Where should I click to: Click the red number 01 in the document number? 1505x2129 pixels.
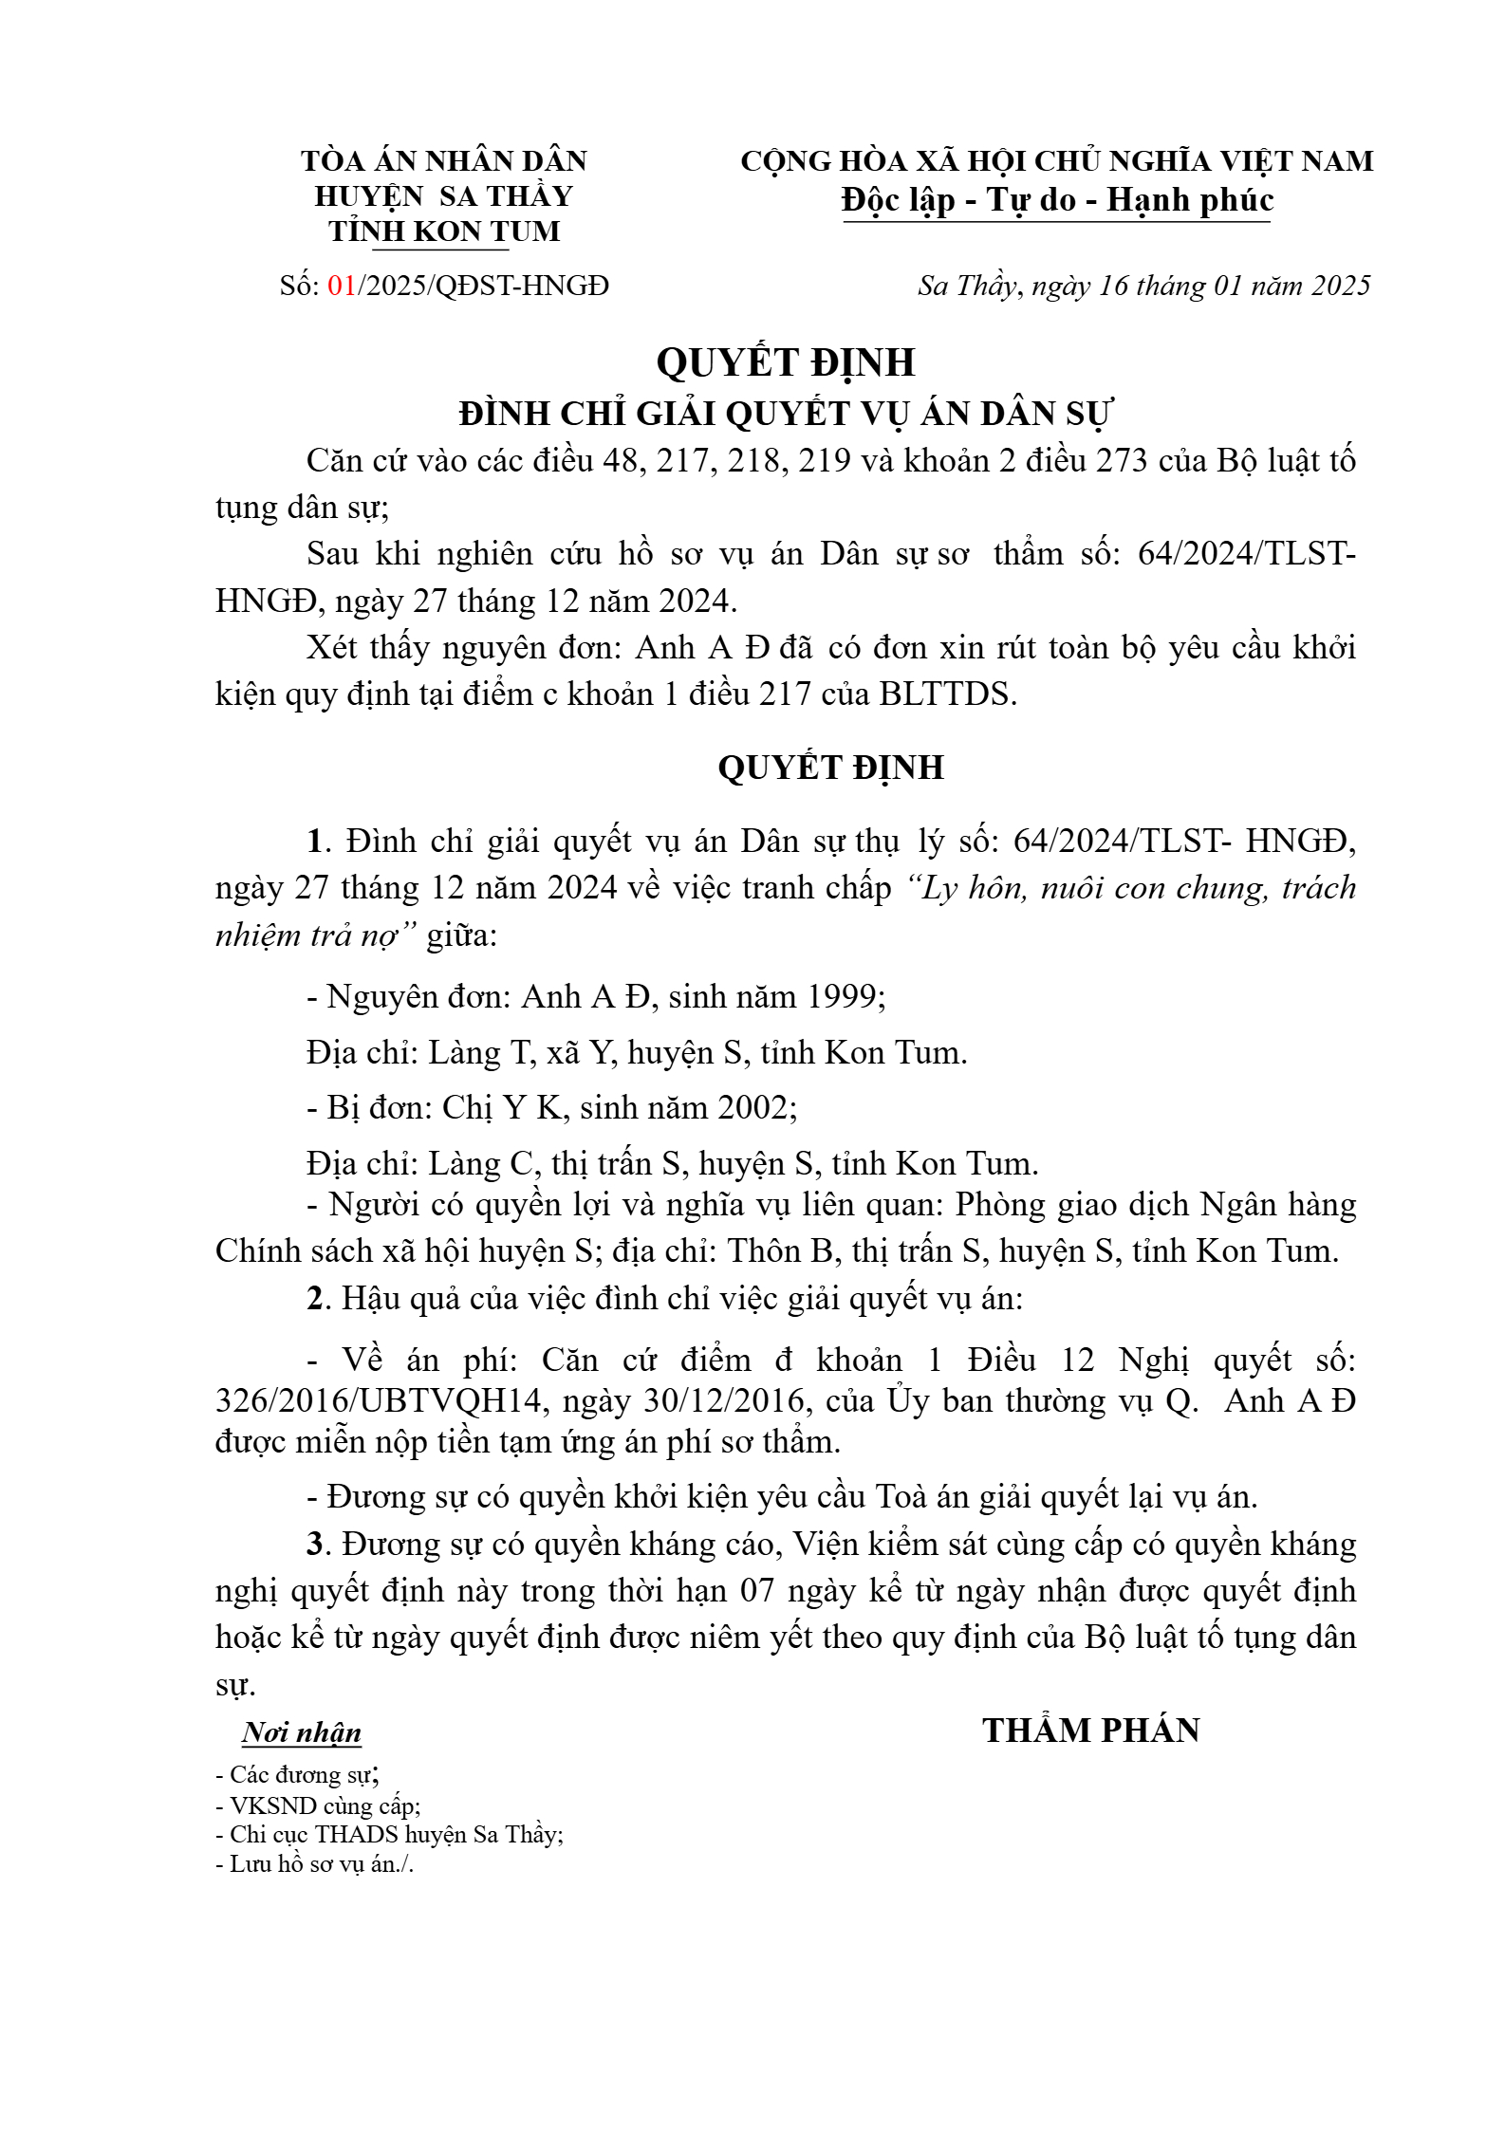(342, 286)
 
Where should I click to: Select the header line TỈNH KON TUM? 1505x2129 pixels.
(444, 231)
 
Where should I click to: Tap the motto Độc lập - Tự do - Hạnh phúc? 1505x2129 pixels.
(1056, 200)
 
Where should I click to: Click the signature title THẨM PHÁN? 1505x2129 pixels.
(1090, 1731)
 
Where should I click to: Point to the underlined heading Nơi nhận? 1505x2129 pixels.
(302, 1732)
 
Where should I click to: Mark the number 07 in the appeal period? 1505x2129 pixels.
(756, 1590)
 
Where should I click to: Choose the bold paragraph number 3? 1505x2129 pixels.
(315, 1544)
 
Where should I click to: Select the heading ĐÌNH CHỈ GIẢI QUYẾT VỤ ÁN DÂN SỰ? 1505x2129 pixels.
(786, 414)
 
